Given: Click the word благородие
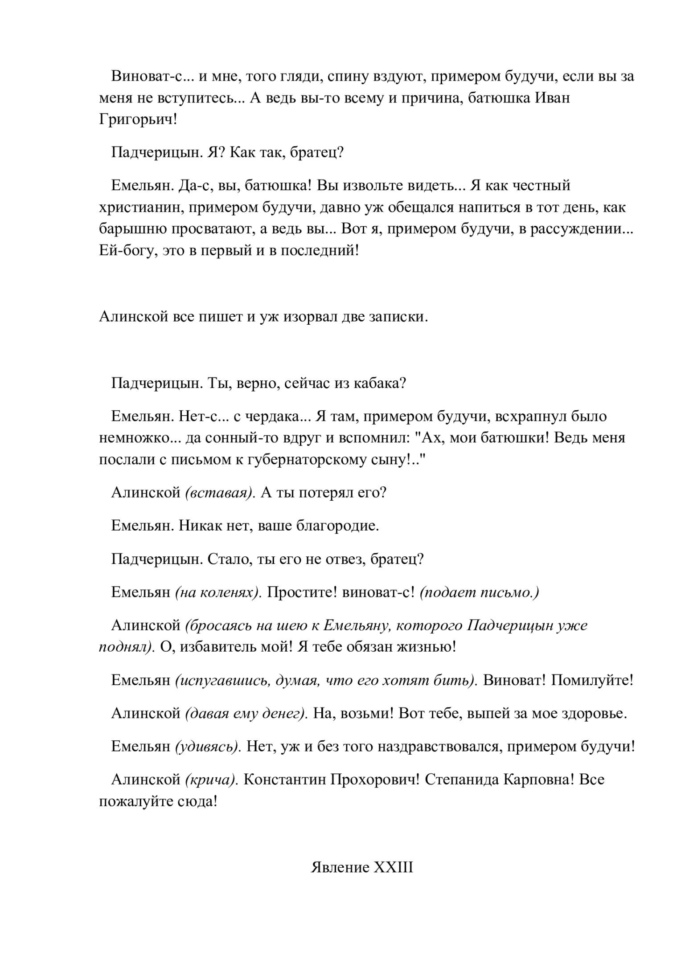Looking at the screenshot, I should coord(337,526).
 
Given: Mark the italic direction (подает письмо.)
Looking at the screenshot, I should coord(480,592).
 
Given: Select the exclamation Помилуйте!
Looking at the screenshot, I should coord(592,681).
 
